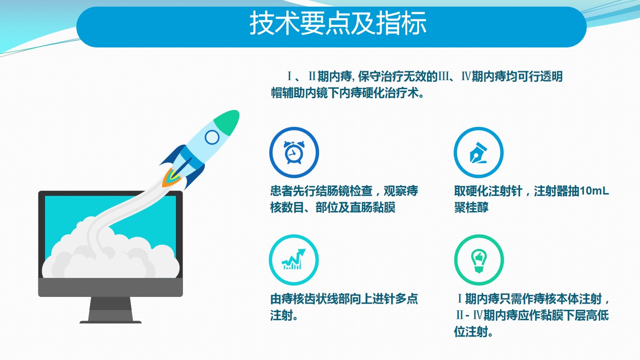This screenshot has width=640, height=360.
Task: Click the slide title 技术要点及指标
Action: pyautogui.click(x=338, y=23)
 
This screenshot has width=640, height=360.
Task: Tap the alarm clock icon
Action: pyautogui.click(x=294, y=152)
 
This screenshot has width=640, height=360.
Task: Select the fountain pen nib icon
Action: pyautogui.click(x=478, y=153)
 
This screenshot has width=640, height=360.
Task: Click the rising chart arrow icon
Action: pyautogui.click(x=293, y=259)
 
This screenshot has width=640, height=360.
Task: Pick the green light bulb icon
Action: pyautogui.click(x=479, y=261)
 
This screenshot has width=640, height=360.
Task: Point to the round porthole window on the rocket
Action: pyautogui.click(x=212, y=137)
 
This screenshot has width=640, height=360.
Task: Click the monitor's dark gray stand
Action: pyautogui.click(x=110, y=310)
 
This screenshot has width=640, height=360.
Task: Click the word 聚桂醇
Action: pyautogui.click(x=471, y=207)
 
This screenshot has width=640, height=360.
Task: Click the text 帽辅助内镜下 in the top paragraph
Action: pyautogui.click(x=305, y=93)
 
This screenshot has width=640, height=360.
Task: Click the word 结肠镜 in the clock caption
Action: pyautogui.click(x=333, y=191)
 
